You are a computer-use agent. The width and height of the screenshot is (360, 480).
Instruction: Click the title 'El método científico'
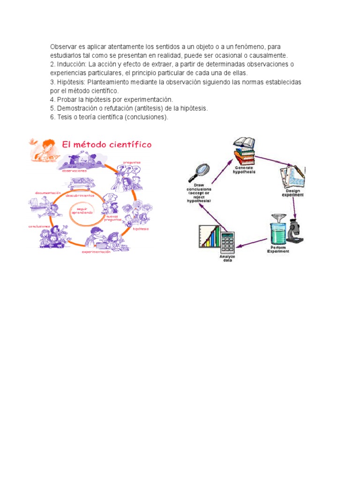(107, 145)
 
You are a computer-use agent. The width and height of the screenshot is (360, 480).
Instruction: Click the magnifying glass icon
(200, 171)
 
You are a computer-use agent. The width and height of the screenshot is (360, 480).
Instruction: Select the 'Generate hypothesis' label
(244, 170)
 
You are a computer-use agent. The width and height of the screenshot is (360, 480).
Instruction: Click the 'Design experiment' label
(292, 193)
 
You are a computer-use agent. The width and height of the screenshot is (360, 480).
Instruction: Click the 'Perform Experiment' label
(278, 249)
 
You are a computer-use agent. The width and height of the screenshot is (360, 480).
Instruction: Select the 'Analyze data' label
(227, 258)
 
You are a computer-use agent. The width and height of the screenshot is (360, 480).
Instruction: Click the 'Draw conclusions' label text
(199, 192)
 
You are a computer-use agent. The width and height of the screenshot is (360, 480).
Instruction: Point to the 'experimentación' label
(96, 252)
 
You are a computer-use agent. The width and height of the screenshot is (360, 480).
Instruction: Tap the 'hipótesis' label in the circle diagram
(141, 229)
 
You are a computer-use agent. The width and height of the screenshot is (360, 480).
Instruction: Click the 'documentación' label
(48, 193)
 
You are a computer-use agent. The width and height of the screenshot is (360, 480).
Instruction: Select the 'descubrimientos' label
(80, 195)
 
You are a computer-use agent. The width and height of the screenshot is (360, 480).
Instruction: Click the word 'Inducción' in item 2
(72, 64)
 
